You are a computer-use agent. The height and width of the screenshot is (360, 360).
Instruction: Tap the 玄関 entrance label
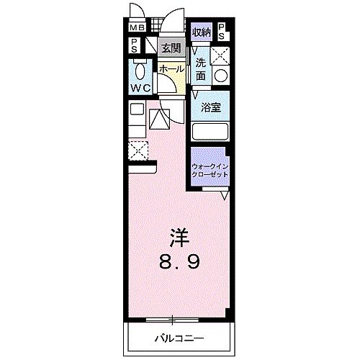[x=170, y=48]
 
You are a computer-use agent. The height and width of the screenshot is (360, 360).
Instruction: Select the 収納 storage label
[x=201, y=32]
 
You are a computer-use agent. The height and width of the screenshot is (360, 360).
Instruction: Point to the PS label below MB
[x=135, y=45]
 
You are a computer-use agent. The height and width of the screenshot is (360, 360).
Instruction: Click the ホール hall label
[x=171, y=68]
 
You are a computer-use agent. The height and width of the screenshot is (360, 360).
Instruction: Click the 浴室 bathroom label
[x=210, y=108]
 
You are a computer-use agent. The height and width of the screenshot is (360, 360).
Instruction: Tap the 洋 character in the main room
[x=179, y=237]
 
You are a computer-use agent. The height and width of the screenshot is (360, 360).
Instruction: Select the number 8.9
[x=179, y=262]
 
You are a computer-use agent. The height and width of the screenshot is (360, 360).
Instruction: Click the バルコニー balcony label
[x=179, y=338]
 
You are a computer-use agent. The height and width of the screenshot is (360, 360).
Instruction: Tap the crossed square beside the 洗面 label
[x=220, y=56]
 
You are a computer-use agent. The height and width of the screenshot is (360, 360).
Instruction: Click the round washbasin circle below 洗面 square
[x=220, y=75]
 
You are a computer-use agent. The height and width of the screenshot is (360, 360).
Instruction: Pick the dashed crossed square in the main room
[x=138, y=150]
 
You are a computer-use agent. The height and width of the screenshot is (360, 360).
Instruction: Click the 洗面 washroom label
[x=201, y=68]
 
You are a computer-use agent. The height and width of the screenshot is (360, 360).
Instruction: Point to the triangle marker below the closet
[x=224, y=195]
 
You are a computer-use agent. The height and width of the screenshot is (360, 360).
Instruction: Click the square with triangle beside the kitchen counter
[x=158, y=117]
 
